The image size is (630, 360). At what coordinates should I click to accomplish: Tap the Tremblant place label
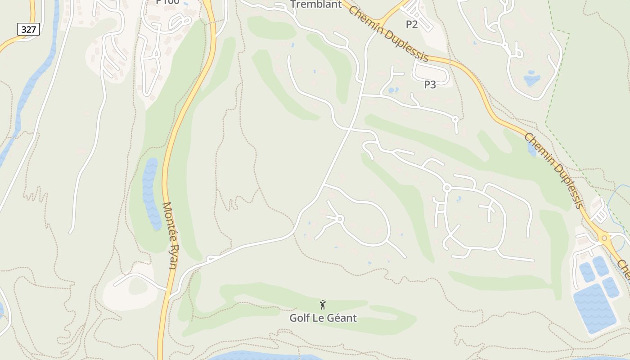tap(316, 4)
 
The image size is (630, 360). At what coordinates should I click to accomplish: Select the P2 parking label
tap(412, 24)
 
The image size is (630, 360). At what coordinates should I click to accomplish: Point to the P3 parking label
tap(430, 84)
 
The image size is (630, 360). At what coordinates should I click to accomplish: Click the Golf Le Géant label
tap(323, 318)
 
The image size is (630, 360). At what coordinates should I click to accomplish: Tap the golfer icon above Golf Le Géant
tap(323, 305)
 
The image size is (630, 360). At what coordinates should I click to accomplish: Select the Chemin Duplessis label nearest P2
tap(388, 34)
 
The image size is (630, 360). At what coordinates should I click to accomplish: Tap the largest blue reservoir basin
tap(594, 308)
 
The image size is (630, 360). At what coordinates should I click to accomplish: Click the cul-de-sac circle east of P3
tap(455, 119)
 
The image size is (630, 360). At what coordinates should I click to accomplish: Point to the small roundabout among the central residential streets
tap(447, 187)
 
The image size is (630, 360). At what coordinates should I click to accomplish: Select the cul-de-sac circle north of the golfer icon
tap(340, 219)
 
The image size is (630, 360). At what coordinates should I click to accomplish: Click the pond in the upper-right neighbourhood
tap(532, 79)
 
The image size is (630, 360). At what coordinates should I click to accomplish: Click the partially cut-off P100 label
tap(167, 2)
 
